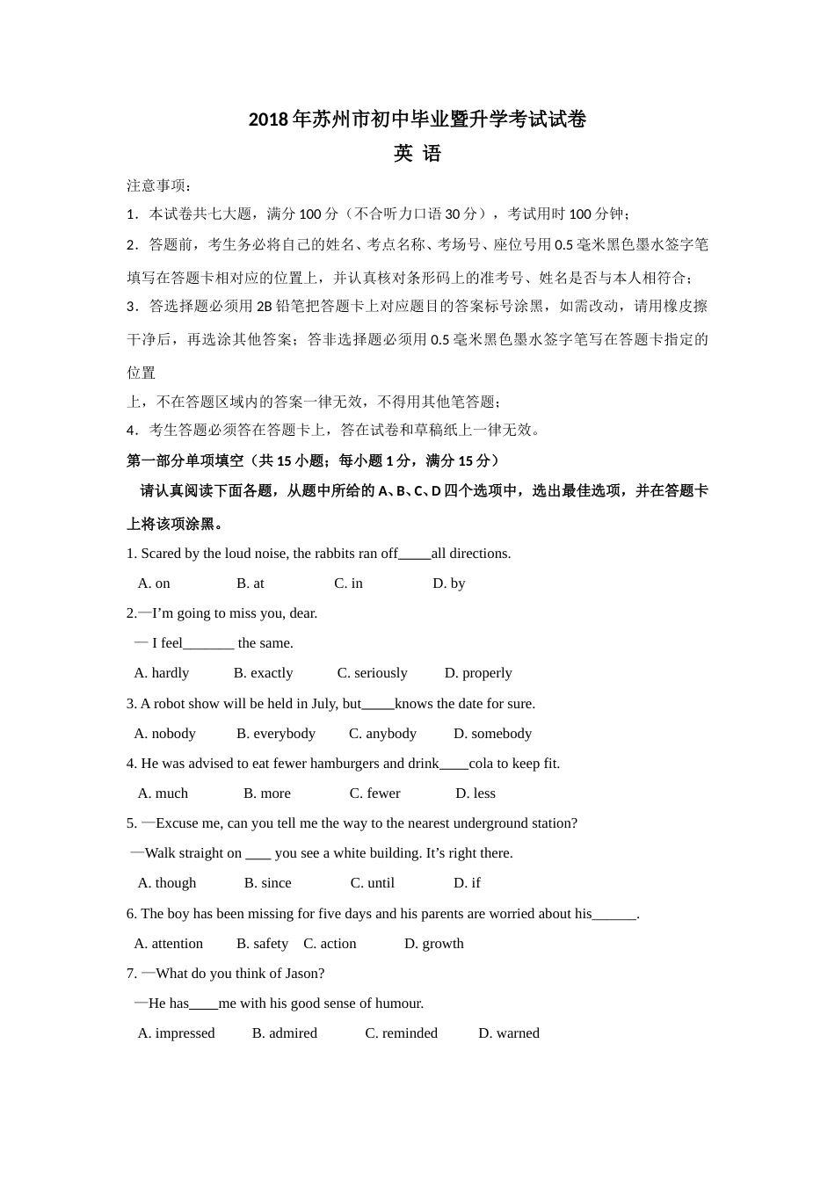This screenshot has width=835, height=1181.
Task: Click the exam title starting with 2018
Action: (x=417, y=120)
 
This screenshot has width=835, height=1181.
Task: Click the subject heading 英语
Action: (x=417, y=154)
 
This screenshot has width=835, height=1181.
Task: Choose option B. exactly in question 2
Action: (x=263, y=673)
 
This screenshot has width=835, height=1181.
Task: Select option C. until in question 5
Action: (x=372, y=883)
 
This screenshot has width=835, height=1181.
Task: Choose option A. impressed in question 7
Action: (x=176, y=1033)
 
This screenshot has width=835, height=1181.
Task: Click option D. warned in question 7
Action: (x=508, y=1033)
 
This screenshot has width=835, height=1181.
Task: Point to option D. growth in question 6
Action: (x=433, y=944)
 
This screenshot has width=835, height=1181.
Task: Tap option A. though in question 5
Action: (x=166, y=883)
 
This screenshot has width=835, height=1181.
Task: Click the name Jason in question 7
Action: (x=303, y=974)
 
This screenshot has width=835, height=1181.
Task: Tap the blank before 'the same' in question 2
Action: (x=208, y=644)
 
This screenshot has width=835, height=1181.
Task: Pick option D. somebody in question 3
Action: (x=492, y=734)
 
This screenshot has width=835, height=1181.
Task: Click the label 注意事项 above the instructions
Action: (x=157, y=185)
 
